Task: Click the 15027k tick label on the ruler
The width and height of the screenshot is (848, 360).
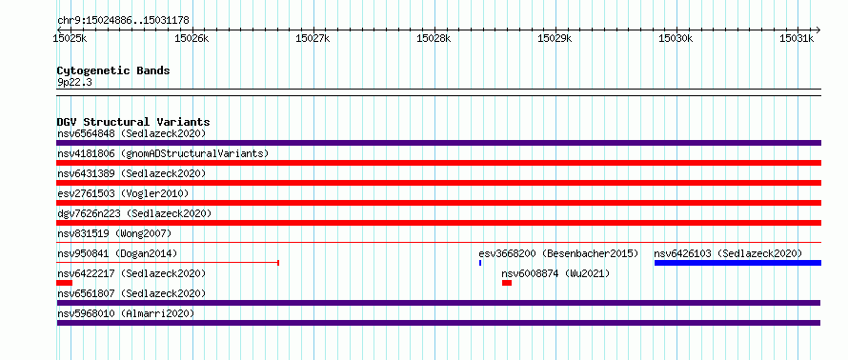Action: [x=313, y=38]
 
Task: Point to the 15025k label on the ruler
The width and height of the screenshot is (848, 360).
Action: [x=70, y=38]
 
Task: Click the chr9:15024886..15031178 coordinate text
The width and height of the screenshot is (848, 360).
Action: [x=123, y=21]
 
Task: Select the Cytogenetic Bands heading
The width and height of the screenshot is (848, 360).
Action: [x=113, y=70]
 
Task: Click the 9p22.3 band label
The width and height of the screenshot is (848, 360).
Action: [x=74, y=82]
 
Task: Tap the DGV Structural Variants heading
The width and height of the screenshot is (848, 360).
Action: [x=133, y=122]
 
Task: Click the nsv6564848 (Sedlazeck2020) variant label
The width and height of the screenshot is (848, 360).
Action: [x=131, y=133]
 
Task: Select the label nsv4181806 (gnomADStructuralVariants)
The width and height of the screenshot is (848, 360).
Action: [x=163, y=153]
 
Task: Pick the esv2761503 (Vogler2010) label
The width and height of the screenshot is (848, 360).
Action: [x=123, y=193]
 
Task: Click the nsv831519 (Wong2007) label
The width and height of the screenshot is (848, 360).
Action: [x=114, y=233]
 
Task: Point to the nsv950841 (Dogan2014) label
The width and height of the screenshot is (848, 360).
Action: [x=117, y=253]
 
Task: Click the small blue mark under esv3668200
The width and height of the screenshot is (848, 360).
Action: [x=480, y=263]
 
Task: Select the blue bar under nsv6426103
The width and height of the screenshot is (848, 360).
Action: [x=737, y=263]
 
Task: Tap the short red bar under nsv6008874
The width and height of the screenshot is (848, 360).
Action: [x=507, y=283]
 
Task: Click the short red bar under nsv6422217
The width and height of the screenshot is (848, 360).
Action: [x=65, y=283]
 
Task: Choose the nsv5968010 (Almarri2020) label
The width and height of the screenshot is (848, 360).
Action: [x=126, y=313]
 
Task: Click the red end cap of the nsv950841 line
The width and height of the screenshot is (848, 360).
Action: [x=278, y=263]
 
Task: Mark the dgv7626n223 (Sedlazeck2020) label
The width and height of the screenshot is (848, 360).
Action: [x=134, y=213]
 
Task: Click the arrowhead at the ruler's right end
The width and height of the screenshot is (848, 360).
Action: [x=818, y=30]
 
